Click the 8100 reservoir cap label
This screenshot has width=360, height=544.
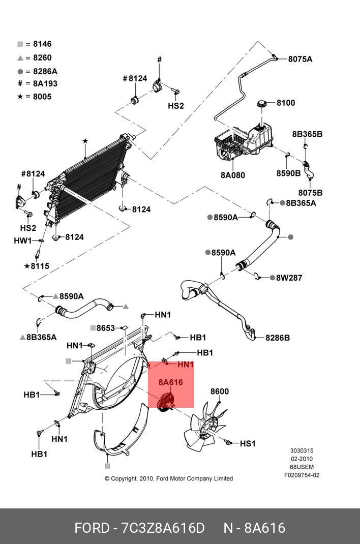click(x=285, y=103)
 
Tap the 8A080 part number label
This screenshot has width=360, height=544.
click(x=232, y=175)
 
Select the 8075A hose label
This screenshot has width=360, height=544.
click(x=300, y=59)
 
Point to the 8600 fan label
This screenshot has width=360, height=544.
click(x=220, y=391)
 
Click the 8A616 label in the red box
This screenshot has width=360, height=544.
click(x=170, y=382)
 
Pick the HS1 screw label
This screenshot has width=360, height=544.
click(x=247, y=444)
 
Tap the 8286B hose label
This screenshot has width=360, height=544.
click(x=278, y=337)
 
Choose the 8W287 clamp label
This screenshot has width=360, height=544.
click(x=289, y=278)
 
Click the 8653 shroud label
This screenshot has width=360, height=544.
click(x=105, y=328)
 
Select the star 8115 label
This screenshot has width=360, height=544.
click(x=37, y=266)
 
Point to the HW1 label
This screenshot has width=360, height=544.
click(x=22, y=240)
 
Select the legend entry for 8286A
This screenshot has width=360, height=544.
click(x=37, y=71)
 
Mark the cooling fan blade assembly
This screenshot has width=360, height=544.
click(x=206, y=428)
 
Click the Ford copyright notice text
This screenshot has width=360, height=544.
click(x=169, y=478)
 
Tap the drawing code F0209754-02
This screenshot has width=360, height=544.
click(x=302, y=475)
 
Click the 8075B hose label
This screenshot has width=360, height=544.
click(x=310, y=193)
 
